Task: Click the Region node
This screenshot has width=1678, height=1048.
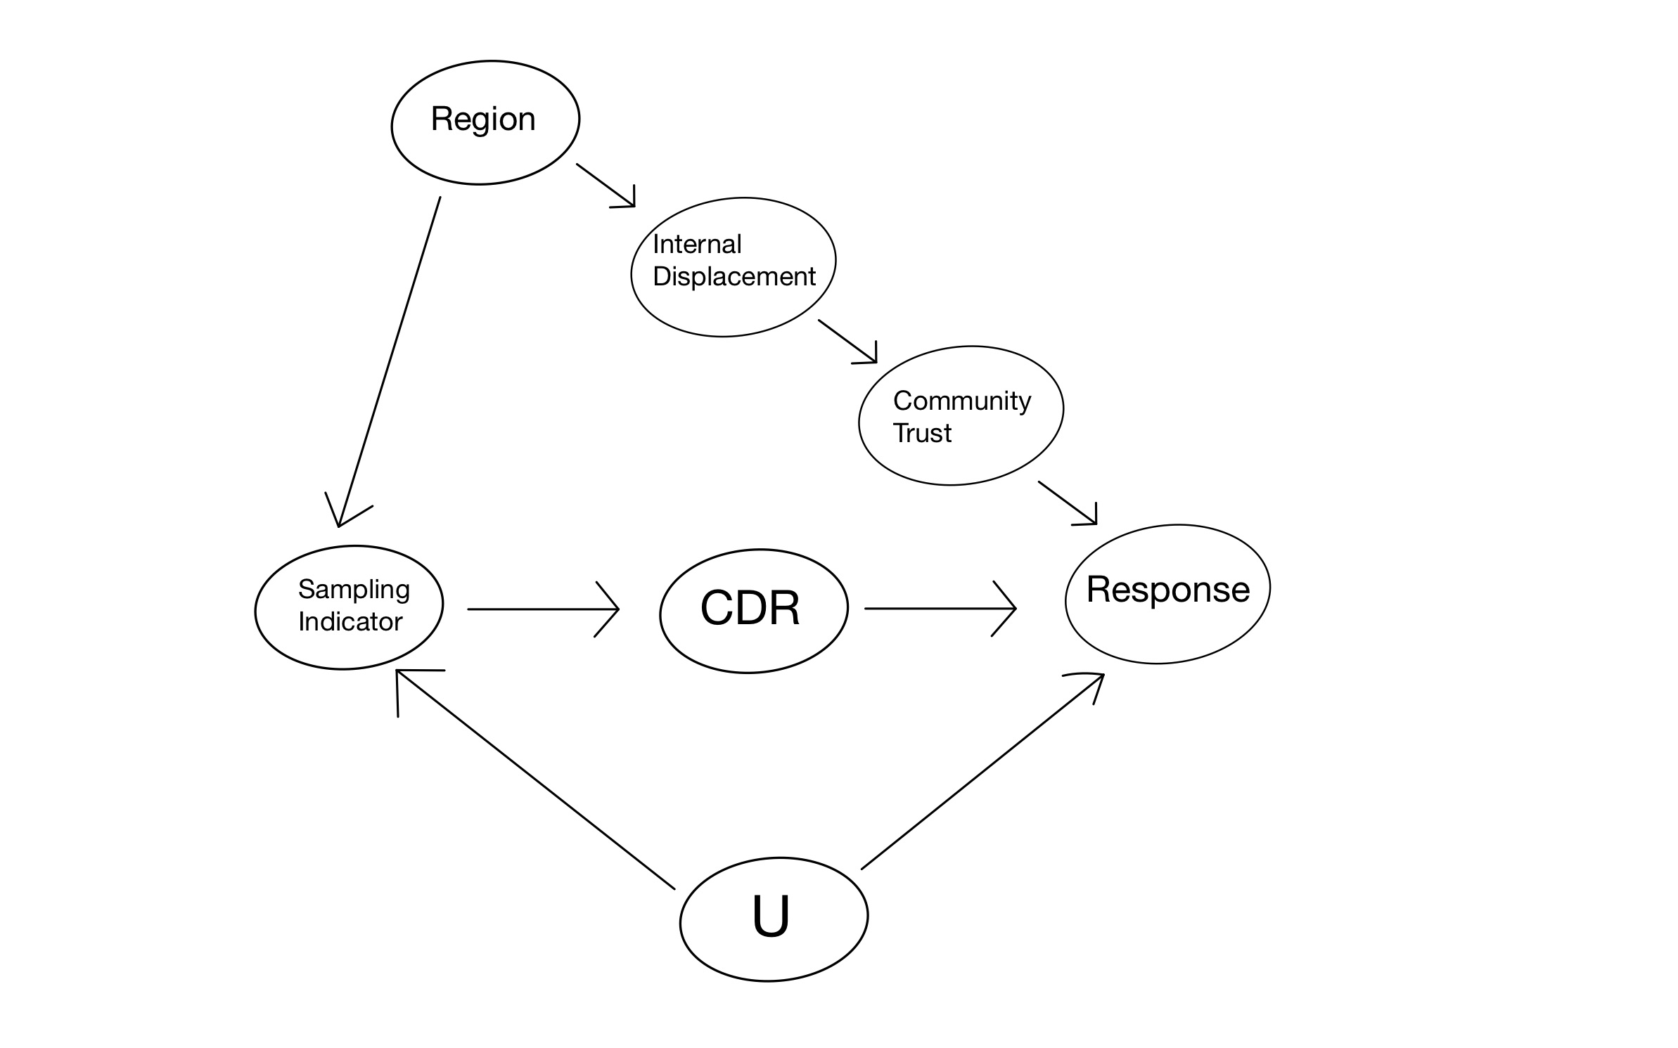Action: click(485, 123)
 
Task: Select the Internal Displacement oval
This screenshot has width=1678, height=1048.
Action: click(734, 267)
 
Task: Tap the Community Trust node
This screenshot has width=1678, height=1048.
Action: click(961, 415)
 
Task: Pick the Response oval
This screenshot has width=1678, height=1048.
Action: click(1167, 594)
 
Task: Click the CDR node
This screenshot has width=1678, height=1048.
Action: click(754, 611)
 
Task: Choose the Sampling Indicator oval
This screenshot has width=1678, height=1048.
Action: click(349, 607)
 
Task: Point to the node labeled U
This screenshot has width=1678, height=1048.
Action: click(774, 919)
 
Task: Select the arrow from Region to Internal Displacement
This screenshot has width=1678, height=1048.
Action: click(606, 186)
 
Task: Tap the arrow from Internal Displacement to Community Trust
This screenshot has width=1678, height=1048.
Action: click(847, 342)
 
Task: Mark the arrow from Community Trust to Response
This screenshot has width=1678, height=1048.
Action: click(1068, 503)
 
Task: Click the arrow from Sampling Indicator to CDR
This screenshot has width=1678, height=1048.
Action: click(543, 609)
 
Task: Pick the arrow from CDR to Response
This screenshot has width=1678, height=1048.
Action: click(940, 609)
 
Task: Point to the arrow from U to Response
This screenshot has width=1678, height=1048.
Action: click(982, 771)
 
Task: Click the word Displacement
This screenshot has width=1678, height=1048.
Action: click(734, 276)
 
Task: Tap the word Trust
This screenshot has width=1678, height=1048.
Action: click(922, 433)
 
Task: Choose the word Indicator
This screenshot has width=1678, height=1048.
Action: click(350, 621)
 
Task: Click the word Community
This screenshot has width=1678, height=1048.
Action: click(962, 401)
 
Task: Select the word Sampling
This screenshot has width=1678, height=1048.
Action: click(354, 590)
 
